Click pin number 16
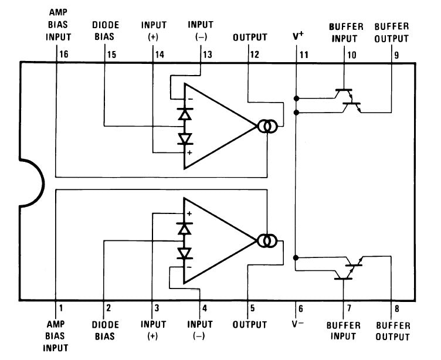(64, 54)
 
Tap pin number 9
(396, 55)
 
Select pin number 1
(61, 308)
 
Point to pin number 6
(301, 308)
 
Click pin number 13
(207, 55)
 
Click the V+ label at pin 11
(298, 36)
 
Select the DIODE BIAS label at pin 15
(106, 30)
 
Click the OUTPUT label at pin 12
(250, 37)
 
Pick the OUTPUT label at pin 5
(249, 325)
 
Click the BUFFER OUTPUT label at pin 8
(393, 331)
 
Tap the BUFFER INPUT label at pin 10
(346, 33)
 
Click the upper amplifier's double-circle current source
(267, 127)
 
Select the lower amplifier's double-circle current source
(267, 241)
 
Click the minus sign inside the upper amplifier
(191, 99)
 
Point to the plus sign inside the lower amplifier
(189, 214)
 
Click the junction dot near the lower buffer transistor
(296, 257)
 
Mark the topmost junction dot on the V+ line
(296, 98)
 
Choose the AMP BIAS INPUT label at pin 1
(56, 336)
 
